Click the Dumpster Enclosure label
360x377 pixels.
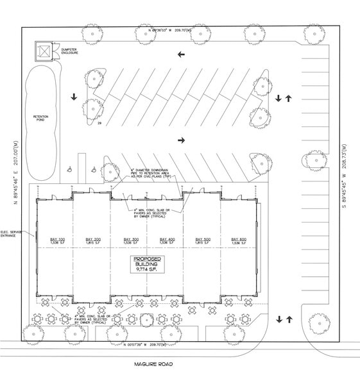pyautogui.click(x=69, y=51)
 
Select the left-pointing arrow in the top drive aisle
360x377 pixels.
pyautogui.click(x=180, y=54)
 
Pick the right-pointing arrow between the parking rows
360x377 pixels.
pyautogui.click(x=181, y=140)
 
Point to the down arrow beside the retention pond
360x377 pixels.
pyautogui.click(x=74, y=97)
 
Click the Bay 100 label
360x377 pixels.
pyautogui.click(x=57, y=241)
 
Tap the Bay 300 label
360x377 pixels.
pyautogui.click(x=132, y=241)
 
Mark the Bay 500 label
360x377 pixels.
pyautogui.click(x=203, y=241)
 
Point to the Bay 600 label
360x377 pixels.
pyautogui.click(x=238, y=241)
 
